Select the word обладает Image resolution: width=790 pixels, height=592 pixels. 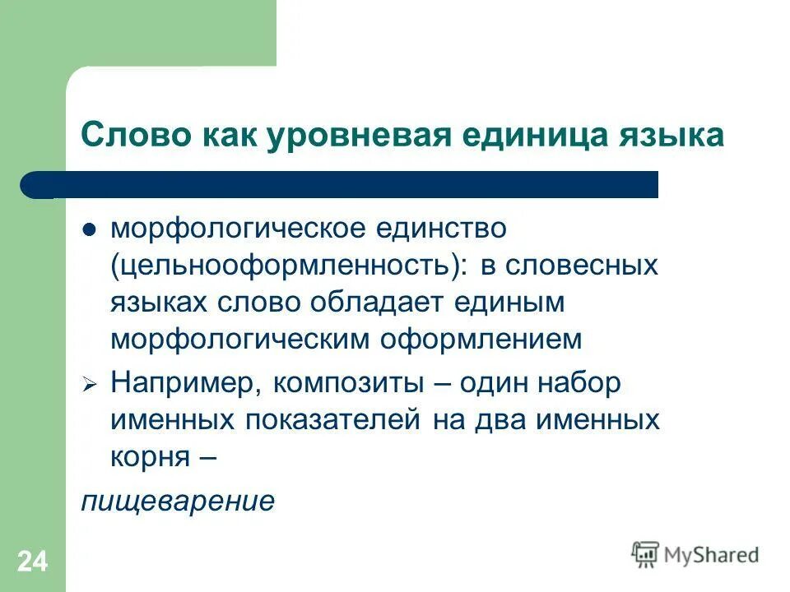378,302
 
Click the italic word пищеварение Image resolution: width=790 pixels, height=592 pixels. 177,501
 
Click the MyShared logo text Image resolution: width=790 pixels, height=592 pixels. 711,555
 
